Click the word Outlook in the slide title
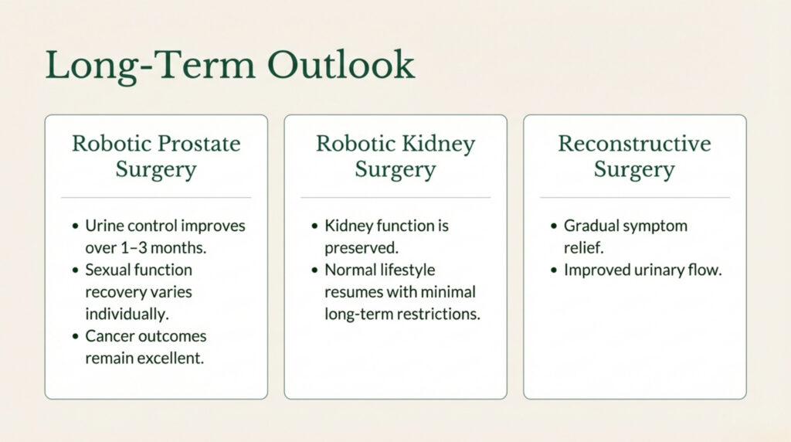(341, 65)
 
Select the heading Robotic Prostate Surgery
(156, 156)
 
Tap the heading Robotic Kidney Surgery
(395, 156)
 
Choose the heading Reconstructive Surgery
(634, 156)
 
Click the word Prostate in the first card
(199, 144)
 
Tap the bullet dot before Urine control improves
(75, 227)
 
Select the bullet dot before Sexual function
(75, 271)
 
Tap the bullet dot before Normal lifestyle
(314, 271)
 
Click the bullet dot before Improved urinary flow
(554, 271)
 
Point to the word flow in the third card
(706, 270)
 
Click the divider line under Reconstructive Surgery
(634, 198)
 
